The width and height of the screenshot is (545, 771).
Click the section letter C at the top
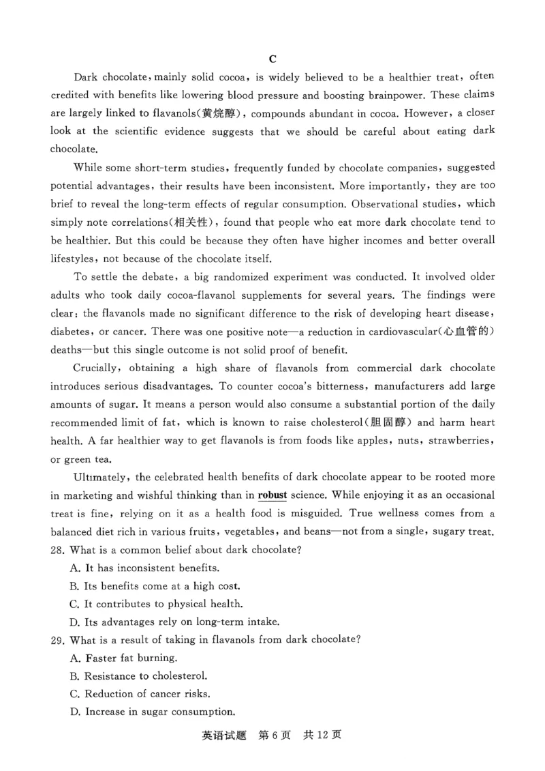(272, 59)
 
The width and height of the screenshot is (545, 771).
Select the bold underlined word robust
(276, 495)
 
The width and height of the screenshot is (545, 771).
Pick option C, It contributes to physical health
(155, 604)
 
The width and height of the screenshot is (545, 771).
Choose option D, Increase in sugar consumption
(159, 712)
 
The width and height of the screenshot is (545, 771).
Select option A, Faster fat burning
(123, 658)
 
